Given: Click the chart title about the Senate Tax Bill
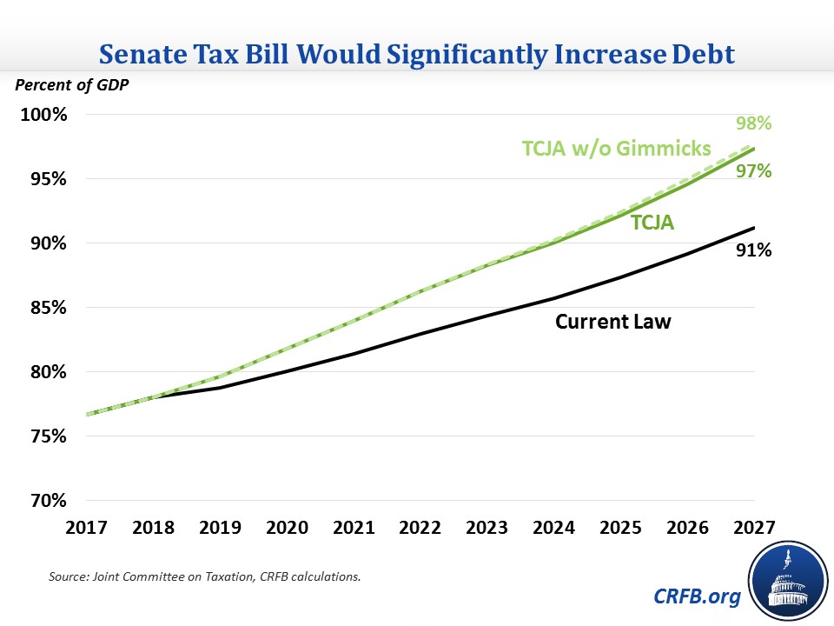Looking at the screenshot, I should click(417, 54).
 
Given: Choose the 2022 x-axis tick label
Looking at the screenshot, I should click(420, 529).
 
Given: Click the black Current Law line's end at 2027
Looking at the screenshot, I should click(753, 228).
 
